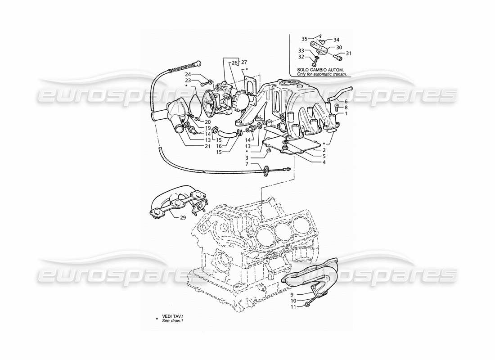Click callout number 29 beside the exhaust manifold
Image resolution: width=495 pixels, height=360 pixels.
pyautogui.click(x=183, y=218)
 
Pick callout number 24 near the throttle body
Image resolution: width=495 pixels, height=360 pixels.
pyautogui.click(x=188, y=74)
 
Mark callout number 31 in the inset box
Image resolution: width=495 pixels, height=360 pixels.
pyautogui.click(x=348, y=54)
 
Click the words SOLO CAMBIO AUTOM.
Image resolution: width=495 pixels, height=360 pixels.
pyautogui.click(x=320, y=70)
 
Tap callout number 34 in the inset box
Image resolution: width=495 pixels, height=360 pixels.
pyautogui.click(x=336, y=40)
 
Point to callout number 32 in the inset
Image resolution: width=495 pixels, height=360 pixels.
pyautogui.click(x=301, y=57)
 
